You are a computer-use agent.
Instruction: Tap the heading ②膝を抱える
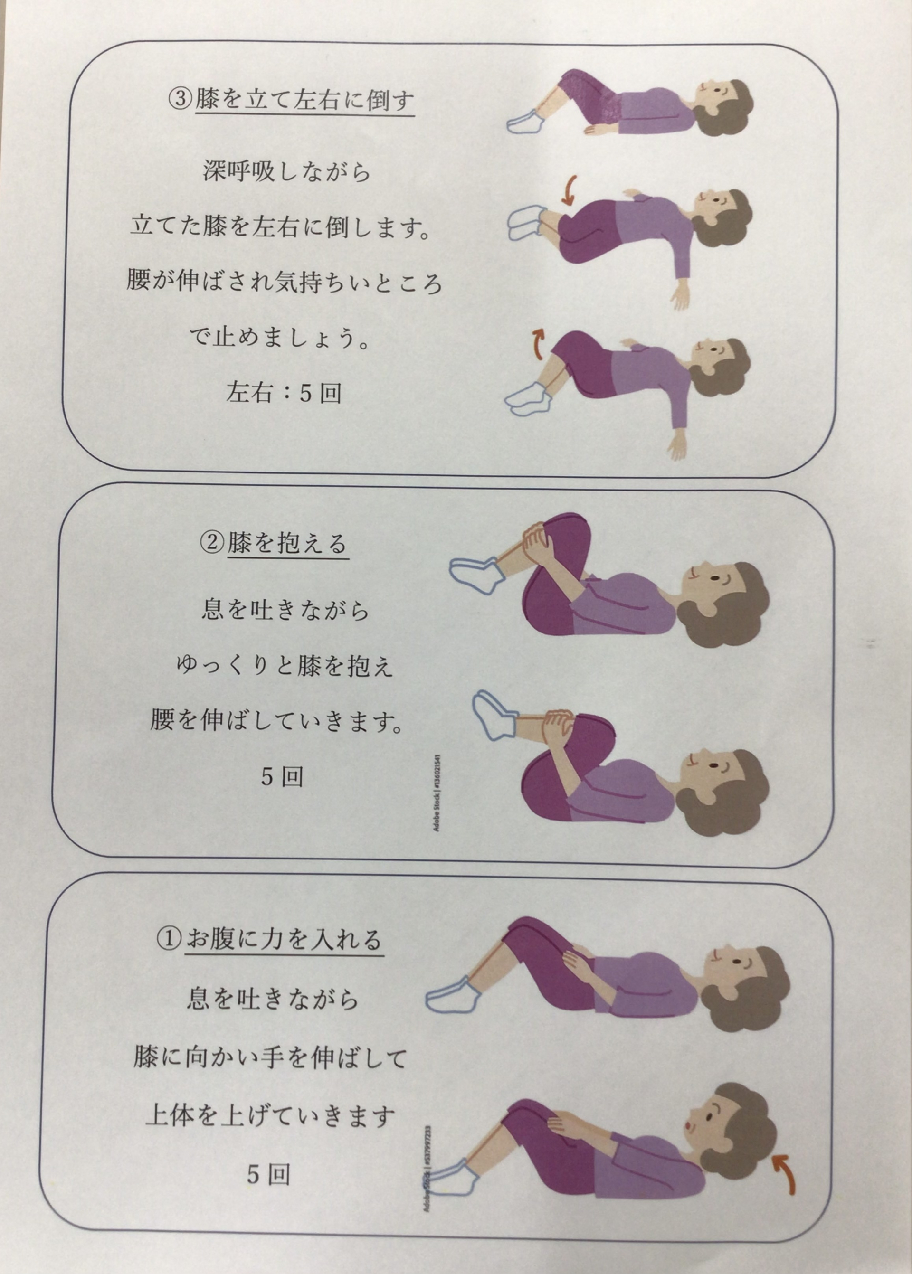[274, 543]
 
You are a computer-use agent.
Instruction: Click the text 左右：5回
[284, 392]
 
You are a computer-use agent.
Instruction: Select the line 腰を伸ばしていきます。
[276, 721]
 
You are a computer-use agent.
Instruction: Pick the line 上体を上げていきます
[270, 1115]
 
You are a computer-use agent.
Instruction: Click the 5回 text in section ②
[281, 777]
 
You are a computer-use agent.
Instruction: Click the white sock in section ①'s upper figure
[453, 994]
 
